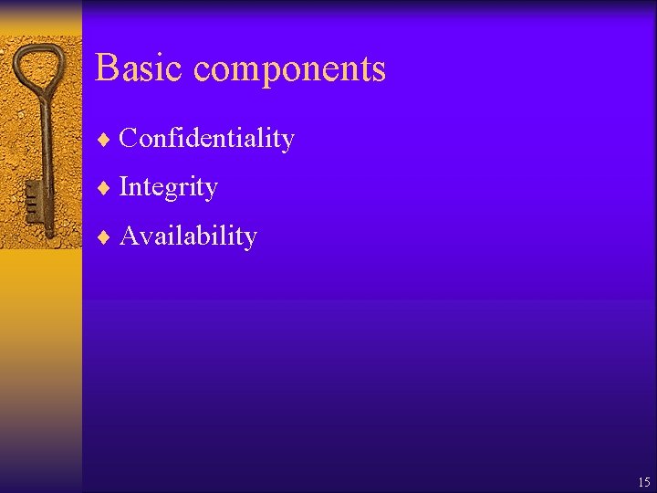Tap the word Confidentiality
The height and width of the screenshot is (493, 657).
207,138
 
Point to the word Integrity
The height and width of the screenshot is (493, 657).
169,187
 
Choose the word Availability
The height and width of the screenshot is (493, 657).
188,236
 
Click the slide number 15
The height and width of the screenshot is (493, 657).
644,482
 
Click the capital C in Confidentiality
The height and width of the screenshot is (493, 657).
128,138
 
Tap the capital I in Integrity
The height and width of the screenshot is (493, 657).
124,186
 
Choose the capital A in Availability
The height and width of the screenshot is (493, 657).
129,236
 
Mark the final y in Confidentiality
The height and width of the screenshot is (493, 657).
287,142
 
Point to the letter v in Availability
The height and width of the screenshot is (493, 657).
144,237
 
